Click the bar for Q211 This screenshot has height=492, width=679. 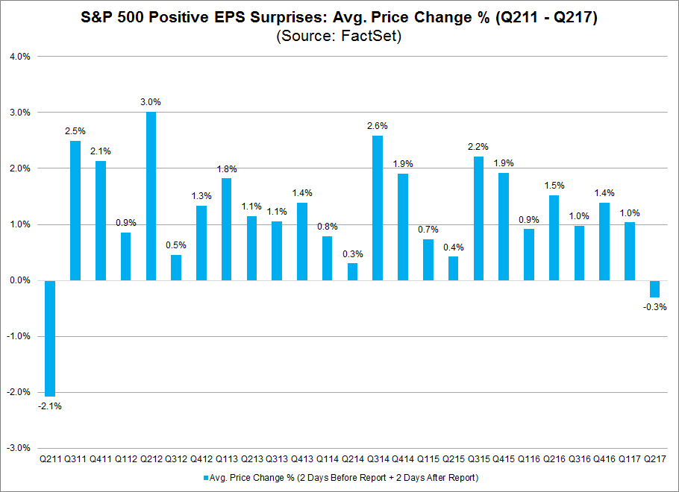[x=50, y=338]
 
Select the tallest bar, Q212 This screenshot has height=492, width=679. [x=151, y=196]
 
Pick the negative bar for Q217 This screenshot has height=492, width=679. [x=654, y=288]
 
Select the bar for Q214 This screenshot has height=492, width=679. [x=353, y=271]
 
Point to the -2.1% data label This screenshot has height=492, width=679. [x=50, y=406]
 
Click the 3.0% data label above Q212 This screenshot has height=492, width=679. [x=151, y=102]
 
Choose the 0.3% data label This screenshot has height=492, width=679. [x=353, y=253]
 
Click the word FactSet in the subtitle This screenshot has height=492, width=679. [x=373, y=37]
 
